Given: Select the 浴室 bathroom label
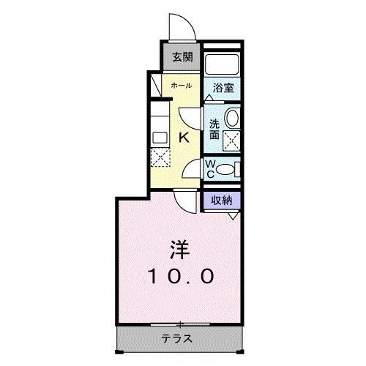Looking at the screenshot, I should click(223, 87).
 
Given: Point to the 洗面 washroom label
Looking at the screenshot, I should click(214, 129).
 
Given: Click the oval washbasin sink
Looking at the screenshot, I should click(232, 117).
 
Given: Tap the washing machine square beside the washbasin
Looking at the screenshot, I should click(232, 140).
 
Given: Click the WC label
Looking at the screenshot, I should click(209, 168).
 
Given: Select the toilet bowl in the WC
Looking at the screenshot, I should click(228, 170).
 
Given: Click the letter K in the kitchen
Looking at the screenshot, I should click(184, 136).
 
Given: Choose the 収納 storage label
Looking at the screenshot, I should click(223, 200).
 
